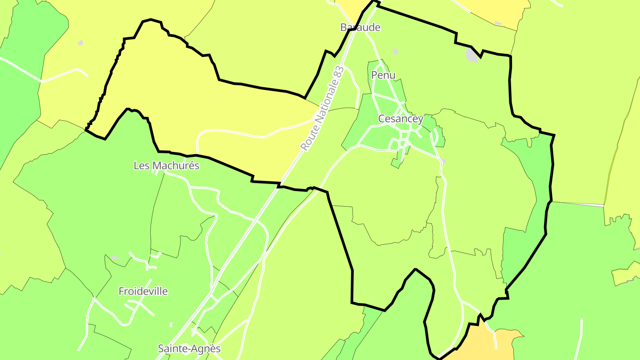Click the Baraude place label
360,28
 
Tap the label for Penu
383,75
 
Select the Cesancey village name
400,119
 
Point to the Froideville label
143,292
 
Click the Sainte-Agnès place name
189,349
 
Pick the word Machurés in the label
176,166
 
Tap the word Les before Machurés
142,166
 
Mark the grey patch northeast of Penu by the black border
472,55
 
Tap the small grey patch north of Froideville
115,258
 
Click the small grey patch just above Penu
395,52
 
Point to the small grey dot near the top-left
80,43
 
